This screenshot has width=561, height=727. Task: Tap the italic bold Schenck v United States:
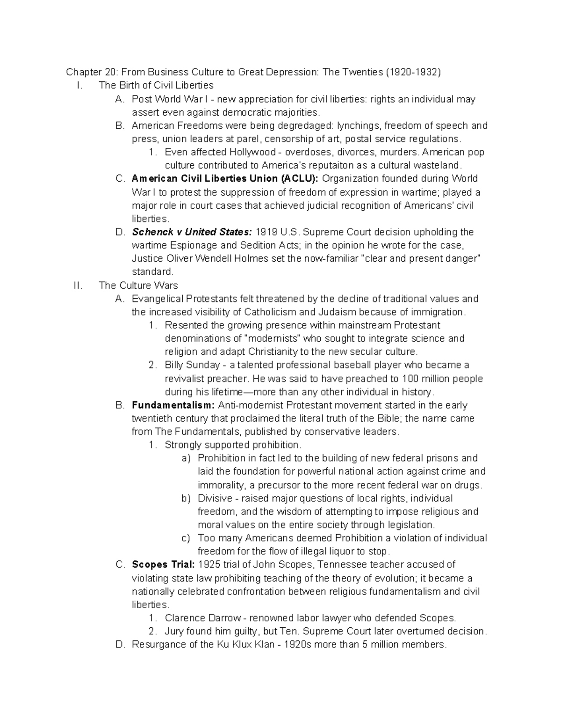192,232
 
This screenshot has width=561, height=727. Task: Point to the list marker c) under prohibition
186,538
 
